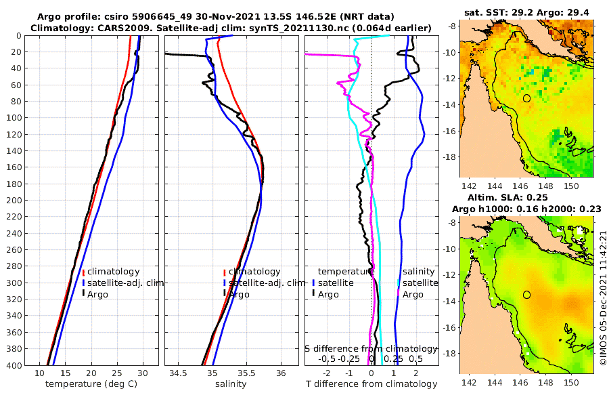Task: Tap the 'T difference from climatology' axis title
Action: pyautogui.click(x=373, y=384)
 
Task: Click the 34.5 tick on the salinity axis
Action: pyautogui.click(x=179, y=373)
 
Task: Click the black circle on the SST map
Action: pyautogui.click(x=526, y=98)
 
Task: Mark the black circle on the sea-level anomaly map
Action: pyautogui.click(x=526, y=295)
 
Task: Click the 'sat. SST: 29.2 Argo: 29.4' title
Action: pyautogui.click(x=526, y=12)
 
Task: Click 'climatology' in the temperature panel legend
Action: pyautogui.click(x=113, y=271)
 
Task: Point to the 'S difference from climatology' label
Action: pyautogui.click(x=371, y=348)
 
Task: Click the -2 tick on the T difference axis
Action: pyautogui.click(x=327, y=373)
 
